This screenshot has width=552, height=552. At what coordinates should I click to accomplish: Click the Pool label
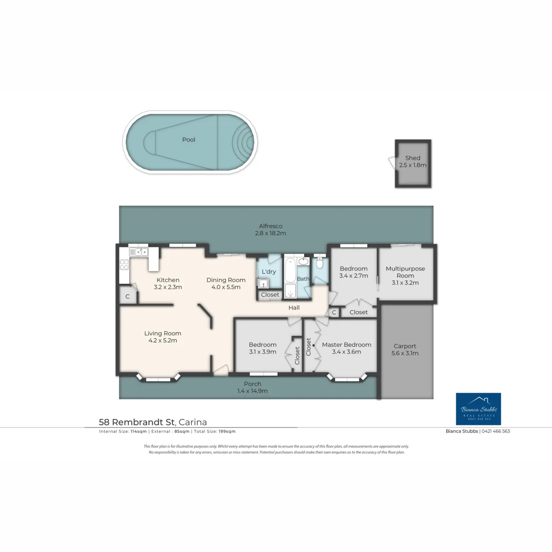point(189,139)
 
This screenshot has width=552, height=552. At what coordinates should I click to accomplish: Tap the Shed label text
point(413,158)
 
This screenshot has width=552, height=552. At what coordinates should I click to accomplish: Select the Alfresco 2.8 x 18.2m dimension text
point(270,233)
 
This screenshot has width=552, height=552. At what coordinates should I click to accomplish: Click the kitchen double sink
point(138,252)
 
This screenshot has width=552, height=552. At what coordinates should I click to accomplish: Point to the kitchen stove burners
point(124,264)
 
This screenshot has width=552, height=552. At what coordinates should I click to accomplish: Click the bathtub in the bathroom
point(290,270)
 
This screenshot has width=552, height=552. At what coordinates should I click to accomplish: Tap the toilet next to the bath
point(319,263)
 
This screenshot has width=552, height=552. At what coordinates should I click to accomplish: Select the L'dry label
point(269,271)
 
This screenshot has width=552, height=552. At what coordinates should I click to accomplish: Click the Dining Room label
point(226,280)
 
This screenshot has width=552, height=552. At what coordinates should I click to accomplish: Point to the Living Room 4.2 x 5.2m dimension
point(162,340)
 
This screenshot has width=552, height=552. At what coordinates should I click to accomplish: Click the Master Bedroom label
point(346,345)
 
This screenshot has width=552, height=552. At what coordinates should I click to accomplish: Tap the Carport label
point(404,346)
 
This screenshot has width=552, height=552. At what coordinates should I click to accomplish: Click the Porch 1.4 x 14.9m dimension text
point(253,391)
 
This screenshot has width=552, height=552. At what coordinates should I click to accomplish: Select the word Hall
point(294,308)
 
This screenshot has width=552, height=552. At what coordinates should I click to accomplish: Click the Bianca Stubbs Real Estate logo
point(478,409)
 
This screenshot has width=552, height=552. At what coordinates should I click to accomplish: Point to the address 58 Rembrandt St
point(137,422)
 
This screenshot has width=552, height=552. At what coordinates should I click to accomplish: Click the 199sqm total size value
point(227,431)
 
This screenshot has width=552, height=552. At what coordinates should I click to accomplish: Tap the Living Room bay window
point(158,378)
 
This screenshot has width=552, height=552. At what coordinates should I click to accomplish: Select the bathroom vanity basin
point(303,261)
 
